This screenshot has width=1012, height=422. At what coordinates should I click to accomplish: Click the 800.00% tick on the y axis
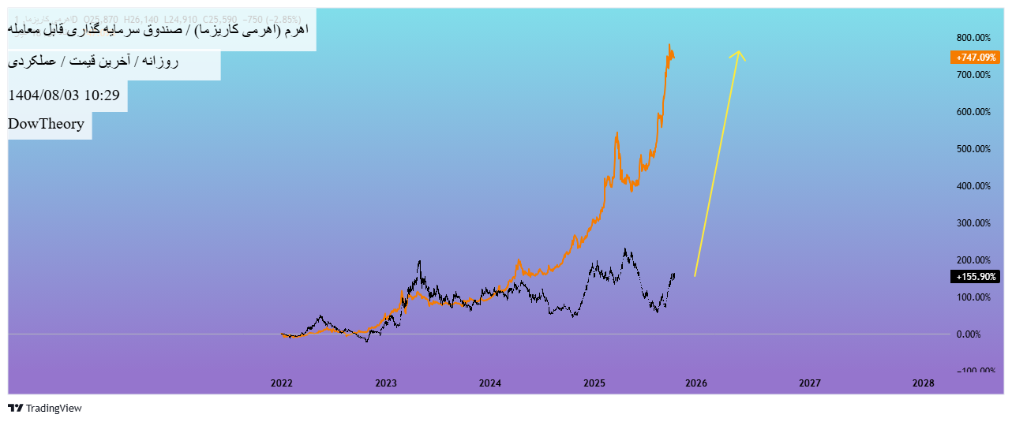point(973,38)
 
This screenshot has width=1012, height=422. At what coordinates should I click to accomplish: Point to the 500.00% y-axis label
point(973,149)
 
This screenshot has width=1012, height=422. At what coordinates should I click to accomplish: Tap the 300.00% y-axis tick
point(973,223)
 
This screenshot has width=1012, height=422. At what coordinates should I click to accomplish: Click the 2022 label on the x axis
point(282,383)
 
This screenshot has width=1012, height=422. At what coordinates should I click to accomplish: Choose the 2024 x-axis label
point(490,383)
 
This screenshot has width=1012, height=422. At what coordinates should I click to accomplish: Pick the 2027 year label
point(809,383)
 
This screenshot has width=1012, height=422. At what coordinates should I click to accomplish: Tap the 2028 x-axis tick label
point(923,383)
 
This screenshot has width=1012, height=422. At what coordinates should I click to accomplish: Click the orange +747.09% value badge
point(976,58)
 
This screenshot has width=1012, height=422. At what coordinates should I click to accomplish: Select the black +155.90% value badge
point(976,277)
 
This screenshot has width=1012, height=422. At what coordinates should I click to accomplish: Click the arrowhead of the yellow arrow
point(739,52)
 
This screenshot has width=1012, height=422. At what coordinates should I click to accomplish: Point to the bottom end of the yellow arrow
point(695,275)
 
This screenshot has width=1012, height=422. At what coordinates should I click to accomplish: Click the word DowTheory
point(47,124)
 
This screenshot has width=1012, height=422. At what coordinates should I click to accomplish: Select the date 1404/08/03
point(43,95)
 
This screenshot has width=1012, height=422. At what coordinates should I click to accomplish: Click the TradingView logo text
point(54,409)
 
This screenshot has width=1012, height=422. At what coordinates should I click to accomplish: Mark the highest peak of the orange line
point(669,44)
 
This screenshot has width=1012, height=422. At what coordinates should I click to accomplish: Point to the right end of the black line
point(674,274)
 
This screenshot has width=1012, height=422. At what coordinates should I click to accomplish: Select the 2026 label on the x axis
point(695,383)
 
